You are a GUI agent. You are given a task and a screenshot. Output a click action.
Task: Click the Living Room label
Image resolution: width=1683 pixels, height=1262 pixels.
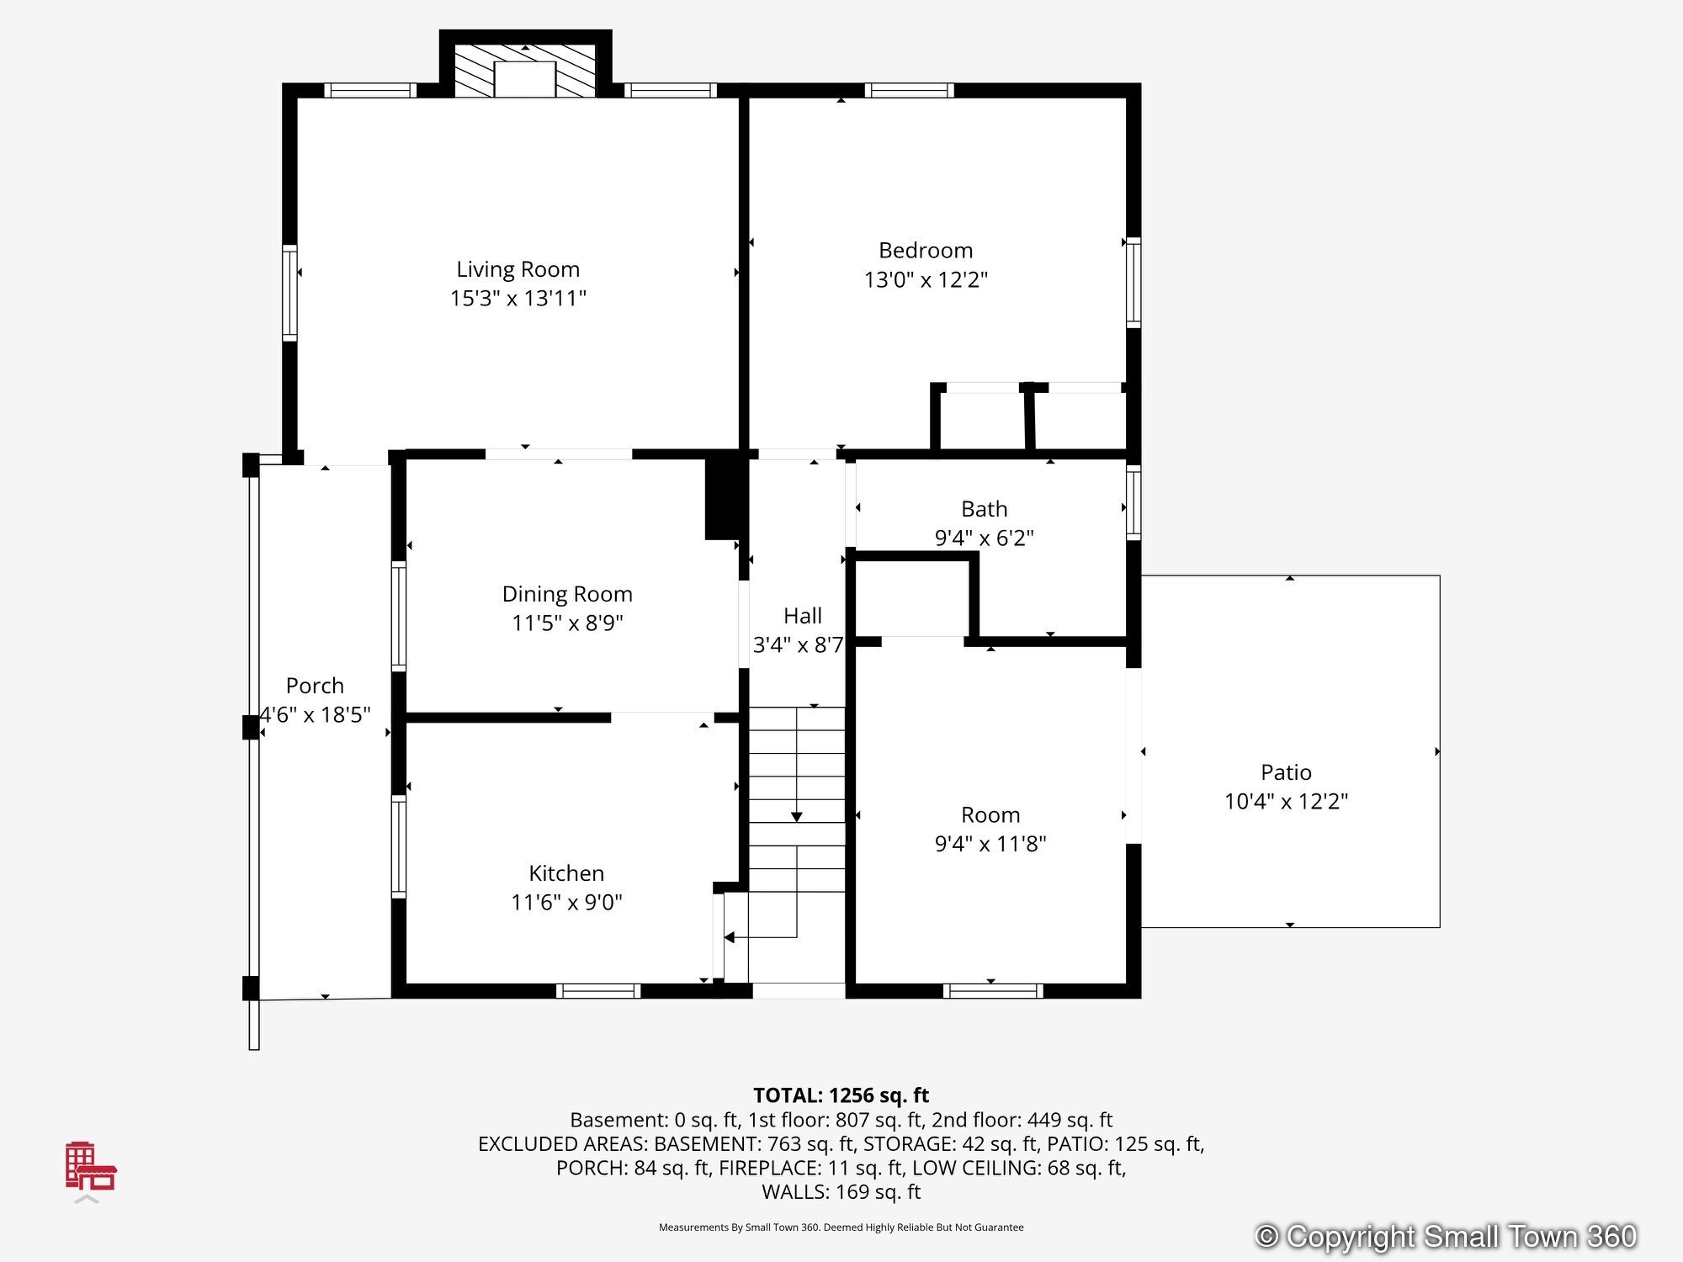tap(518, 269)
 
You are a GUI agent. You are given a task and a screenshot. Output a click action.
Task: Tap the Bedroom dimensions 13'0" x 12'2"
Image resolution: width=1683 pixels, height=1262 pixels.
tap(926, 279)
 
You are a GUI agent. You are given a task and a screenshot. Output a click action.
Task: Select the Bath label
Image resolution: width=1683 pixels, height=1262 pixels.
tap(984, 509)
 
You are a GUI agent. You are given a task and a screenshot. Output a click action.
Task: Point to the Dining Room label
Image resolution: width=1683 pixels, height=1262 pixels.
tap(567, 594)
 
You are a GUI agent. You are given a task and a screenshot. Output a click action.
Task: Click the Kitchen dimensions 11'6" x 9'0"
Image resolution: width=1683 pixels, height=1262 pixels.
tap(566, 902)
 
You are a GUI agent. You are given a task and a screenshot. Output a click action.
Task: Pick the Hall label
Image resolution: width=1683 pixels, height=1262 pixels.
tap(803, 616)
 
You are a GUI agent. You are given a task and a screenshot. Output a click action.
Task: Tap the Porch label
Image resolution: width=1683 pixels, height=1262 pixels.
tap(315, 686)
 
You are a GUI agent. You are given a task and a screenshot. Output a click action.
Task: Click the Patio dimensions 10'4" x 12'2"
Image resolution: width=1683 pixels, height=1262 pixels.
tap(1286, 801)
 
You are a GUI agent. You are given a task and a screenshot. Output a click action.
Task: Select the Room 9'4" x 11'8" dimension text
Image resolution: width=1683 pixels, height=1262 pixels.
tap(990, 843)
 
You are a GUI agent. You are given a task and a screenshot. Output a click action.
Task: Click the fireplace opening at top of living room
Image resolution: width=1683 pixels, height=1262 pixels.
tap(525, 79)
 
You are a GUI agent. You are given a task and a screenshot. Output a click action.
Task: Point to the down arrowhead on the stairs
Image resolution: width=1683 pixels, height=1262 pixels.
tap(796, 817)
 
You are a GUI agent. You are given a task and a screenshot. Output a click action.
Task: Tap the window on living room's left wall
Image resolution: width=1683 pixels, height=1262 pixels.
tap(289, 293)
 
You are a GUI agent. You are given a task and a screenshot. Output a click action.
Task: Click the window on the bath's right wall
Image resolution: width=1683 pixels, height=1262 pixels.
tap(1134, 502)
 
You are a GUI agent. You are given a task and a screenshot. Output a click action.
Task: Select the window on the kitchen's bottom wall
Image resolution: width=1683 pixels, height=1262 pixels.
tap(598, 991)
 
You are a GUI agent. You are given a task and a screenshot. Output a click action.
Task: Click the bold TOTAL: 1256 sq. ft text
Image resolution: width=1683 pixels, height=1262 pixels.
tap(841, 1095)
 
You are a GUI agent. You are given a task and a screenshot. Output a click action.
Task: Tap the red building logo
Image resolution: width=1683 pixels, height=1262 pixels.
tap(91, 1166)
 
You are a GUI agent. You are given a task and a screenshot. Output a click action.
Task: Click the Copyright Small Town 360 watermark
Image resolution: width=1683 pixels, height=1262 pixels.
tap(1446, 1236)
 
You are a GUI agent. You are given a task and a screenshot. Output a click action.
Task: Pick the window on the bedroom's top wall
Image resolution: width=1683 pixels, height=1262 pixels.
tap(909, 90)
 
